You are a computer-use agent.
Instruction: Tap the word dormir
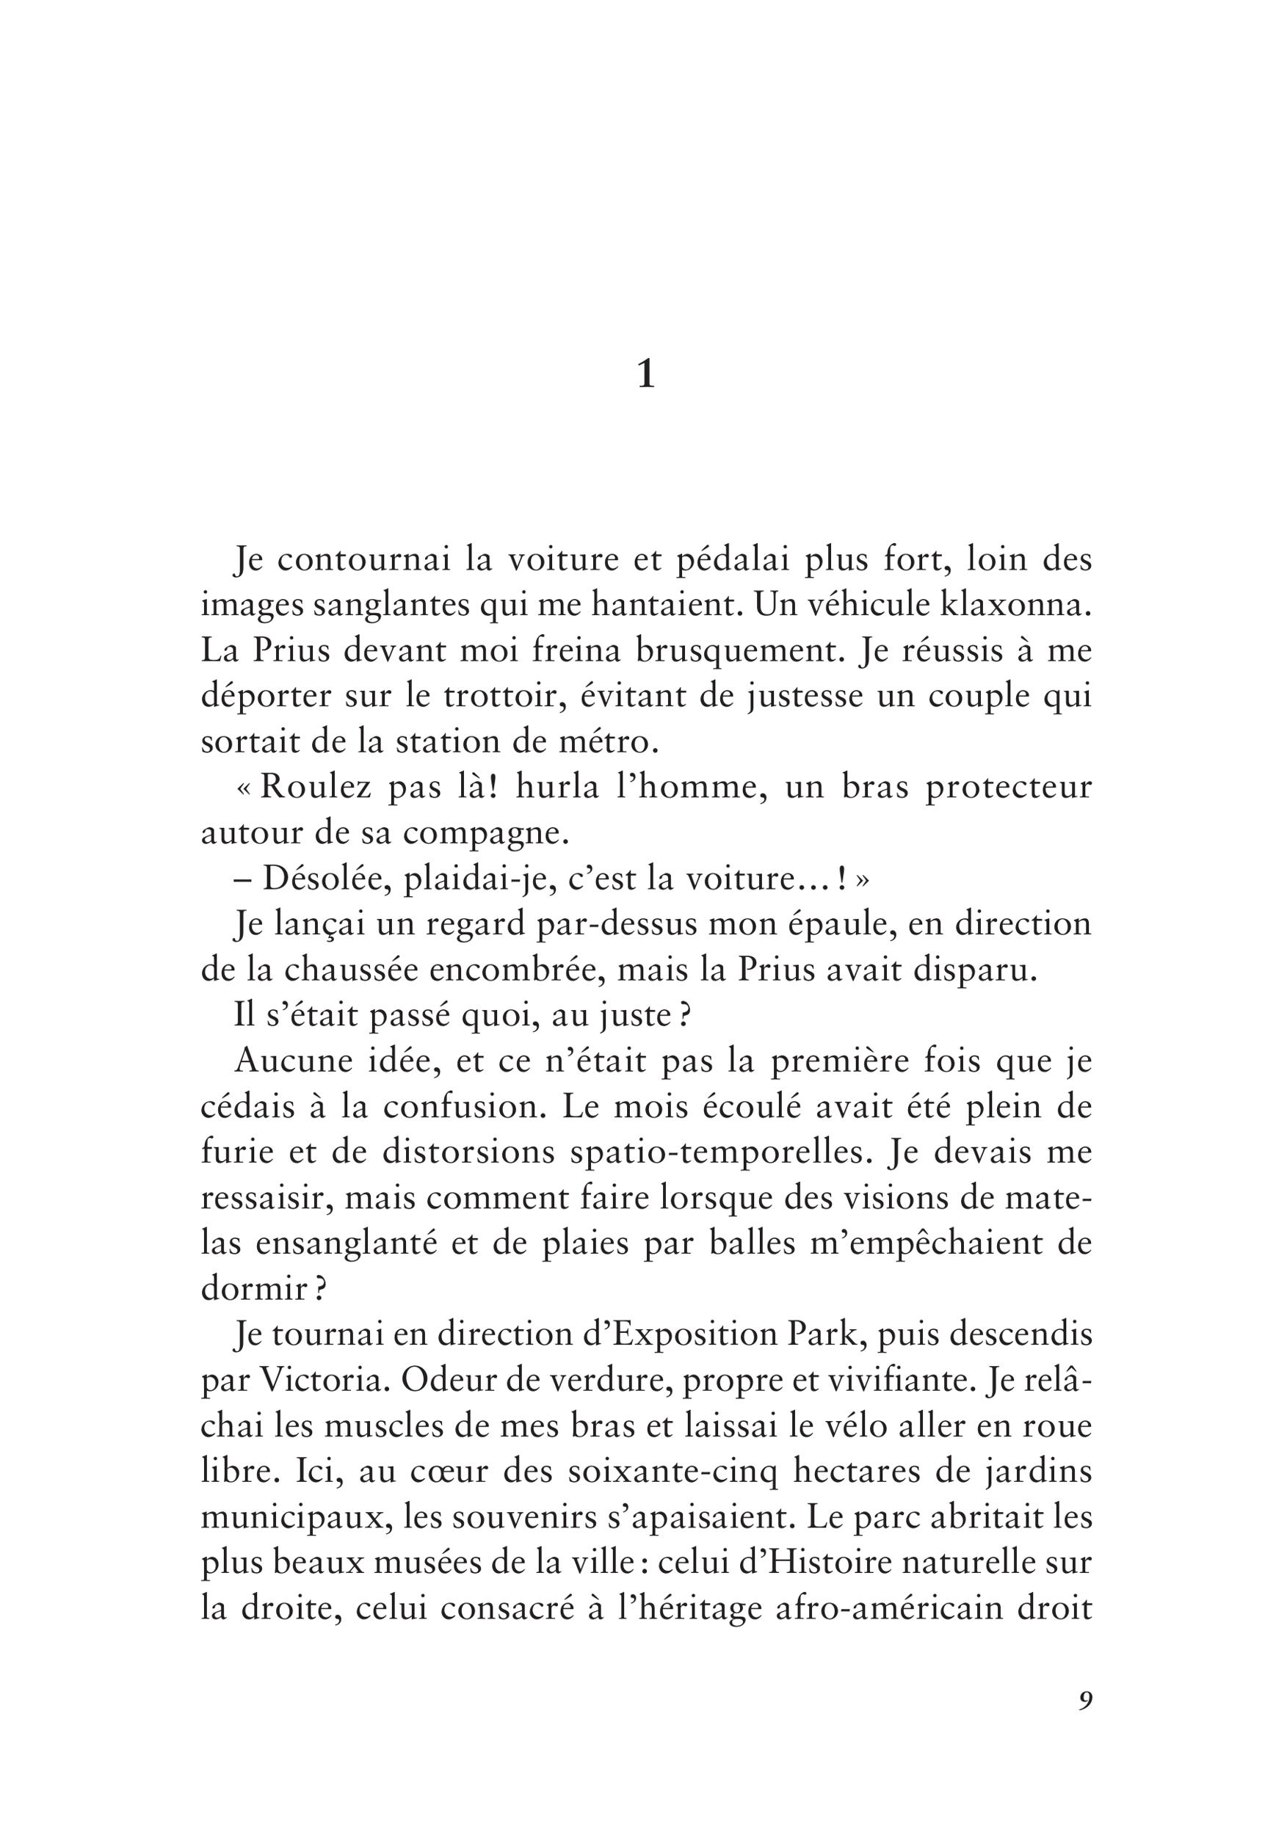tap(253, 1289)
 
